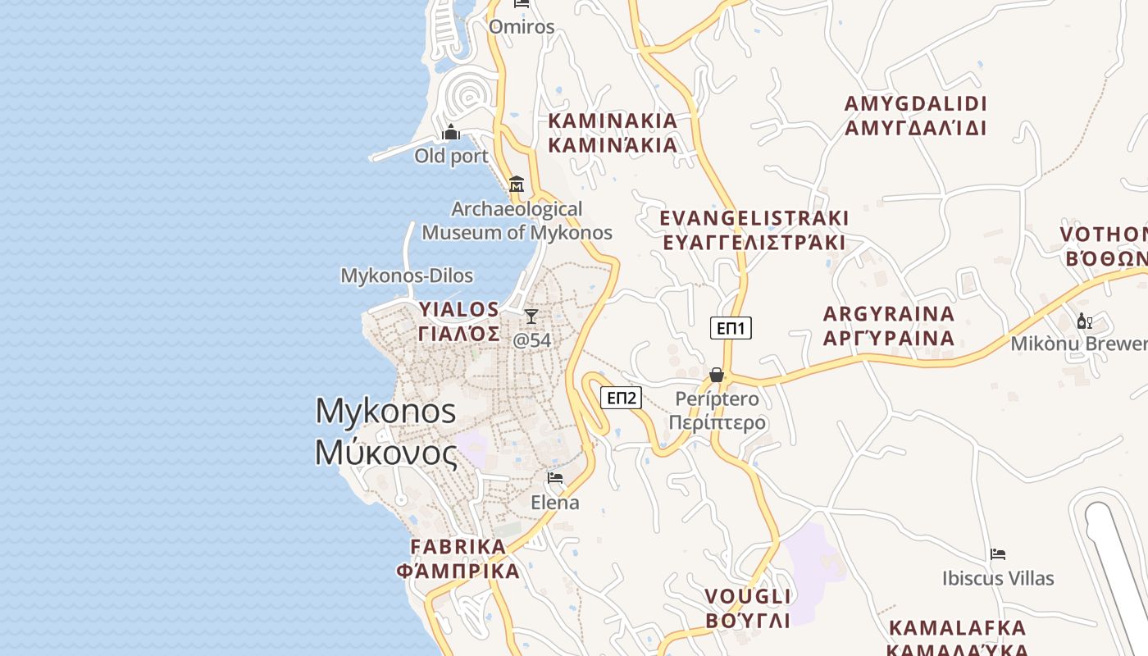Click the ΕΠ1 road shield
pos(731,328)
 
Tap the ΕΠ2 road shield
pos(621,398)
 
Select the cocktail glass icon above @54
pos(531,317)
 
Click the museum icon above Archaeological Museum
pos(517,184)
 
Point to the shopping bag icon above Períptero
pos(717,375)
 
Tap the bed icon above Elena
pos(555,478)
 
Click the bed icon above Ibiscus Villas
pos(998,554)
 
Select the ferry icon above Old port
pos(451,132)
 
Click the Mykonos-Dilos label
pos(407,276)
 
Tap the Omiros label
pos(522,27)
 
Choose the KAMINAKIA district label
pos(613,133)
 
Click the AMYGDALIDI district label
pos(915,116)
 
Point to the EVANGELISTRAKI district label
pos(754,230)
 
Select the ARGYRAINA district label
pos(889,326)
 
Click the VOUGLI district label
pos(748,608)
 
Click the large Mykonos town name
pos(385,431)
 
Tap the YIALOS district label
pos(459,321)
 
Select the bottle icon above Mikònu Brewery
pos(1084,321)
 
